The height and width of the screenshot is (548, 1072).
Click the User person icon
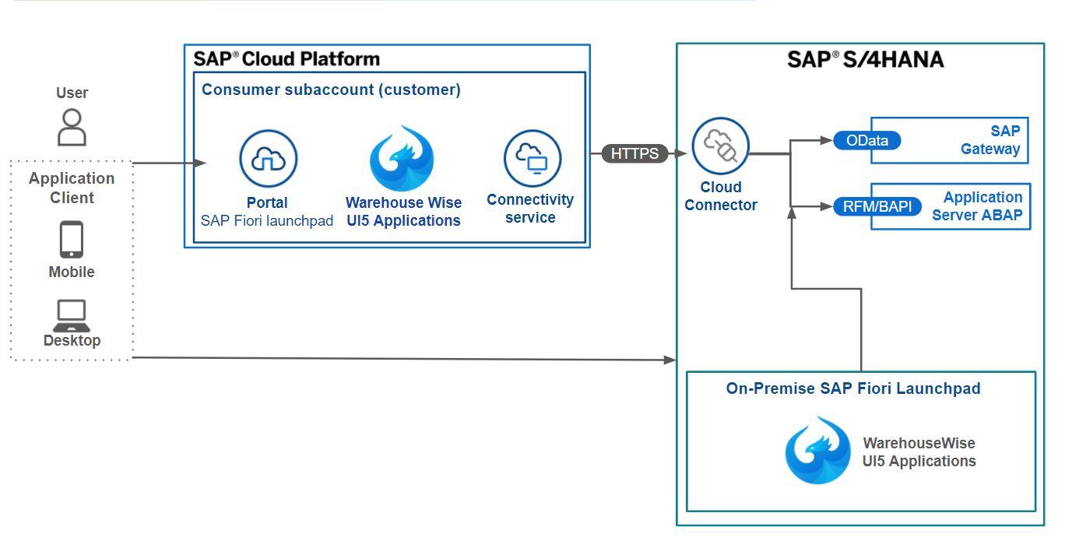pyautogui.click(x=72, y=128)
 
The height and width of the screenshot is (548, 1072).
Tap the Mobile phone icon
pyautogui.click(x=72, y=239)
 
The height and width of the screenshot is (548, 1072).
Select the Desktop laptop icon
pyautogui.click(x=72, y=315)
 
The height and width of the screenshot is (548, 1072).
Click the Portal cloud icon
pyautogui.click(x=268, y=159)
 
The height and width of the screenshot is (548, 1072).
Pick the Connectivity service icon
pyautogui.click(x=532, y=159)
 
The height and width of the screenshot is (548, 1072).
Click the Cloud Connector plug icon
pyautogui.click(x=720, y=146)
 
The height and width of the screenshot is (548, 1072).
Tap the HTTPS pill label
pyautogui.click(x=634, y=153)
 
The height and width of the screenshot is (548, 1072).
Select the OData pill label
pyautogui.click(x=867, y=140)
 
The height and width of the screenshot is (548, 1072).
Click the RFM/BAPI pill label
pyautogui.click(x=877, y=206)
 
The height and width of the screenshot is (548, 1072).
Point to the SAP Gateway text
pyautogui.click(x=990, y=140)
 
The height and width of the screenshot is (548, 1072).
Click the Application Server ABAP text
pyautogui.click(x=977, y=205)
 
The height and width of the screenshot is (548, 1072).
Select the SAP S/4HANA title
pyautogui.click(x=865, y=60)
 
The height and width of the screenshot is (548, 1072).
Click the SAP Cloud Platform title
pyautogui.click(x=286, y=59)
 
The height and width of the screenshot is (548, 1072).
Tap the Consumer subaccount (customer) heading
pyautogui.click(x=331, y=90)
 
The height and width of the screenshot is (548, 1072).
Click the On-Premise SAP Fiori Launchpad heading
pyautogui.click(x=852, y=388)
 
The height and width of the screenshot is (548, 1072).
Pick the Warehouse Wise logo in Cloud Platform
pyautogui.click(x=402, y=159)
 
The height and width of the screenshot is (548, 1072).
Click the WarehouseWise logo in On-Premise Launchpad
pyautogui.click(x=818, y=450)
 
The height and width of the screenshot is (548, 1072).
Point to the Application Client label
pyautogui.click(x=72, y=188)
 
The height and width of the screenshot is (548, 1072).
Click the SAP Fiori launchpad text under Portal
pyautogui.click(x=266, y=220)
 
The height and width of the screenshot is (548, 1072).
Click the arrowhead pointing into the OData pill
pyautogui.click(x=827, y=140)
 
